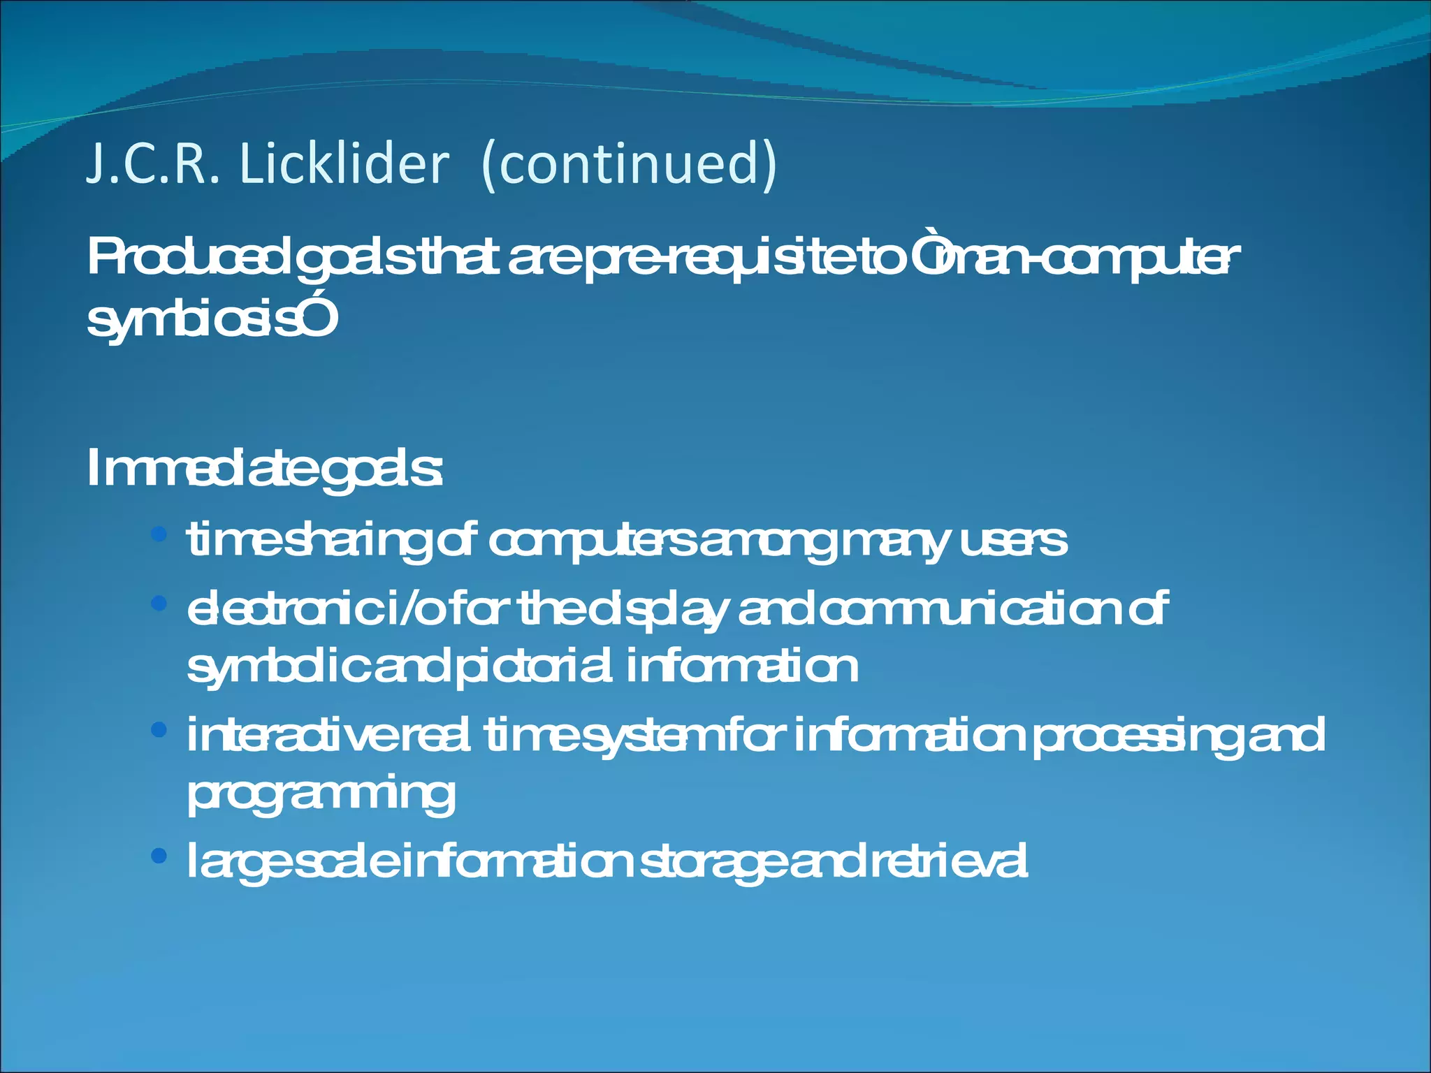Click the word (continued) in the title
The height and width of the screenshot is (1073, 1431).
coord(629,165)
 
